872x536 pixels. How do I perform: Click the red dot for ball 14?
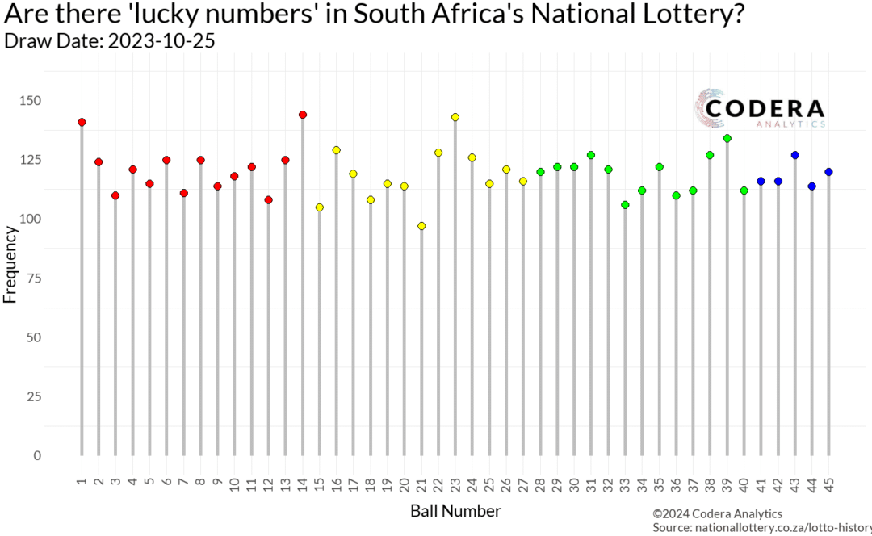tap(303, 115)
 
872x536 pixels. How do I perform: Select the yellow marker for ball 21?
tap(421, 226)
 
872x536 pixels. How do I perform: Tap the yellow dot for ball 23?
tap(455, 117)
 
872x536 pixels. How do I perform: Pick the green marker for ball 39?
tap(727, 139)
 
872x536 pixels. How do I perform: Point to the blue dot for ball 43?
tap(794, 155)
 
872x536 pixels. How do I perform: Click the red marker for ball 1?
tap(82, 122)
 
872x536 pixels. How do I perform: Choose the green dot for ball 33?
tap(625, 205)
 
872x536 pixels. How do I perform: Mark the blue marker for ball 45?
tap(828, 172)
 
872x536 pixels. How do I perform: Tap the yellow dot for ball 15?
tap(320, 207)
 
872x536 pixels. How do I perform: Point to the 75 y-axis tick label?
tap(58, 278)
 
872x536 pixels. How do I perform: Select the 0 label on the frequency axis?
tap(60, 456)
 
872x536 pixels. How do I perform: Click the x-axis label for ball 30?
tap(574, 484)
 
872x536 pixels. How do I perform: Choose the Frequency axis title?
tap(10, 264)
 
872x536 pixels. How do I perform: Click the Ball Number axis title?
tap(455, 511)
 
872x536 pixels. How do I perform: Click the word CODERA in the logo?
tap(764, 109)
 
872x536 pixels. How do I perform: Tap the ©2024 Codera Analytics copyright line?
tap(717, 513)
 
